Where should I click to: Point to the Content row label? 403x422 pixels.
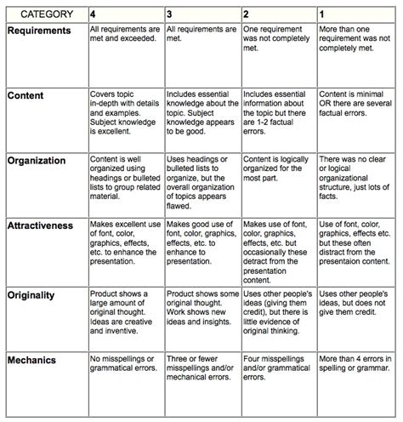click(x=27, y=95)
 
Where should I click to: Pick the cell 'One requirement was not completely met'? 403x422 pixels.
click(x=278, y=39)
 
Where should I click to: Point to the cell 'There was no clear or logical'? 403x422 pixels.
click(x=355, y=168)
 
